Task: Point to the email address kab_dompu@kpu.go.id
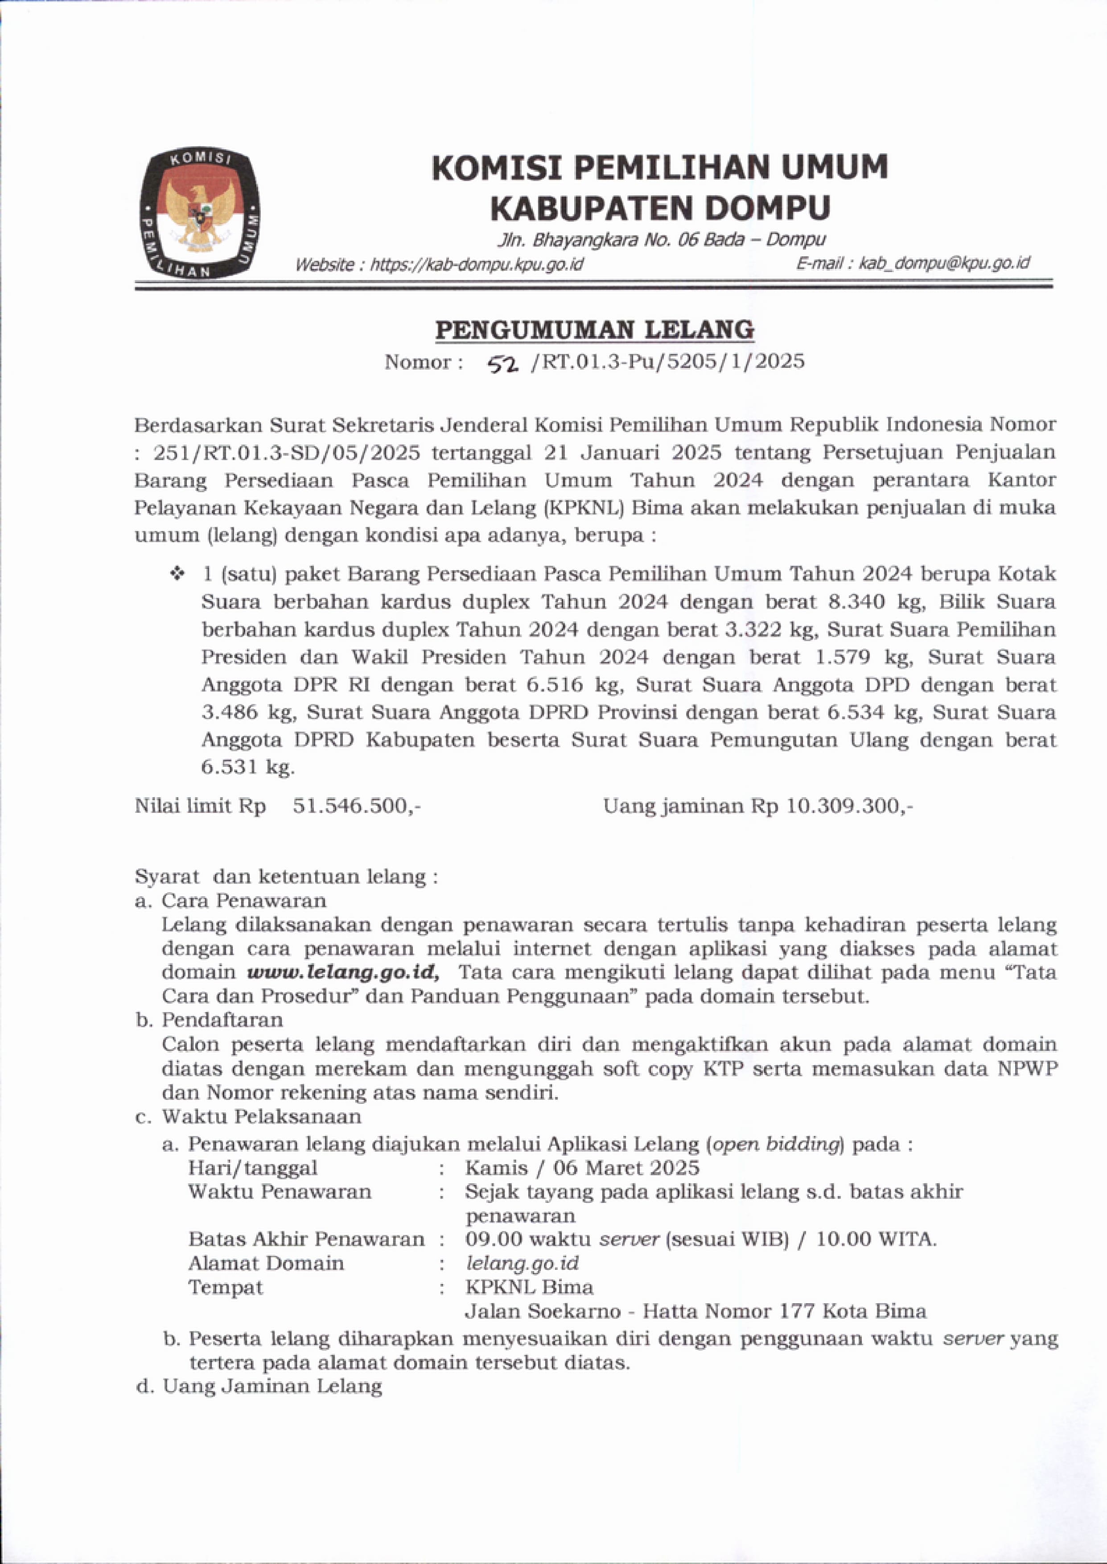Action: tap(944, 263)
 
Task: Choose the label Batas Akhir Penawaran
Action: tap(306, 1238)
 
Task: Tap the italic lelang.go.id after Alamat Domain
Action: tap(522, 1263)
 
